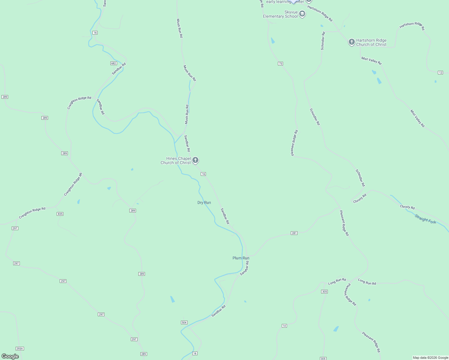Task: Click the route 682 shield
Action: point(113,63)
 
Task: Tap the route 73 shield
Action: point(280,64)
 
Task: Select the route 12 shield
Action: point(440,73)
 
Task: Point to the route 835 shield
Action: point(60,214)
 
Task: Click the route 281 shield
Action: point(294,233)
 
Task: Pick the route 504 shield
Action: point(184,322)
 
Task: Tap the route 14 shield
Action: point(284,326)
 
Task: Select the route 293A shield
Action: point(20,349)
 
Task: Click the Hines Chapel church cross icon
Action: point(195,160)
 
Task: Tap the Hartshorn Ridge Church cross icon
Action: point(351,42)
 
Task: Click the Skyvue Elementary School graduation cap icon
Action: point(302,14)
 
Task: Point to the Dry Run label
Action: point(204,202)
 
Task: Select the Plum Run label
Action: point(241,258)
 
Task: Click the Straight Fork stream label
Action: point(425,219)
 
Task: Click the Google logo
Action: point(10,356)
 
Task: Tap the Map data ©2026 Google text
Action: point(430,358)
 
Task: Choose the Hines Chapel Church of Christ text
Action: point(176,160)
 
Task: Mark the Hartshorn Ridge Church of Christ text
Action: point(371,42)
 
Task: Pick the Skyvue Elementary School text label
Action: point(280,14)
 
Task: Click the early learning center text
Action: point(285,2)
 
